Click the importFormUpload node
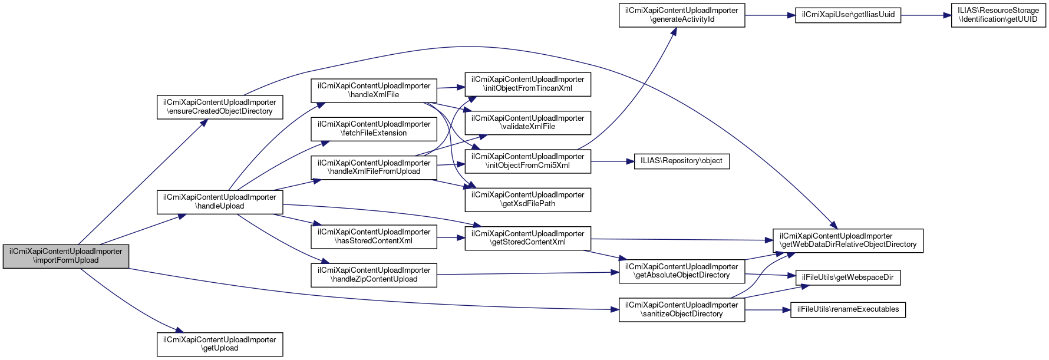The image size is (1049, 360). pyautogui.click(x=66, y=256)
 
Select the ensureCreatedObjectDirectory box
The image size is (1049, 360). pyautogui.click(x=220, y=107)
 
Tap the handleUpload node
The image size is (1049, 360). pyautogui.click(x=220, y=202)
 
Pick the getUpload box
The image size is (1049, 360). pyautogui.click(x=220, y=344)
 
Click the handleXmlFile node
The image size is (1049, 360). pyautogui.click(x=374, y=91)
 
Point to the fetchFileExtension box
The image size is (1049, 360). pyautogui.click(x=374, y=129)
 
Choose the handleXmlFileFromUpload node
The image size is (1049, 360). pyautogui.click(x=374, y=167)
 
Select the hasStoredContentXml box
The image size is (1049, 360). pyautogui.click(x=374, y=237)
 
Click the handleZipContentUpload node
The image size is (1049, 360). pyautogui.click(x=374, y=275)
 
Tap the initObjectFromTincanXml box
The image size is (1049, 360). pyautogui.click(x=528, y=84)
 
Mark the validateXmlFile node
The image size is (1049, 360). pyautogui.click(x=528, y=123)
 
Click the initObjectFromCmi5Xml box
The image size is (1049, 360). pyautogui.click(x=528, y=161)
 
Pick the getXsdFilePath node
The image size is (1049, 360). pyautogui.click(x=528, y=200)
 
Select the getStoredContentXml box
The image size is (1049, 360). pyautogui.click(x=528, y=238)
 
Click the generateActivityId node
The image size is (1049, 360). pyautogui.click(x=682, y=15)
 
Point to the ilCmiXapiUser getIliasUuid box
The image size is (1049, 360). pyautogui.click(x=848, y=15)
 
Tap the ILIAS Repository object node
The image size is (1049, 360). pyautogui.click(x=682, y=161)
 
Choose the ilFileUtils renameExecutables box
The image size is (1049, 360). pyautogui.click(x=848, y=309)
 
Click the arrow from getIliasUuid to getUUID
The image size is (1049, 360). pyautogui.click(x=926, y=15)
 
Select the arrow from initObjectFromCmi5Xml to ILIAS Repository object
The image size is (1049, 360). pyautogui.click(x=612, y=161)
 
